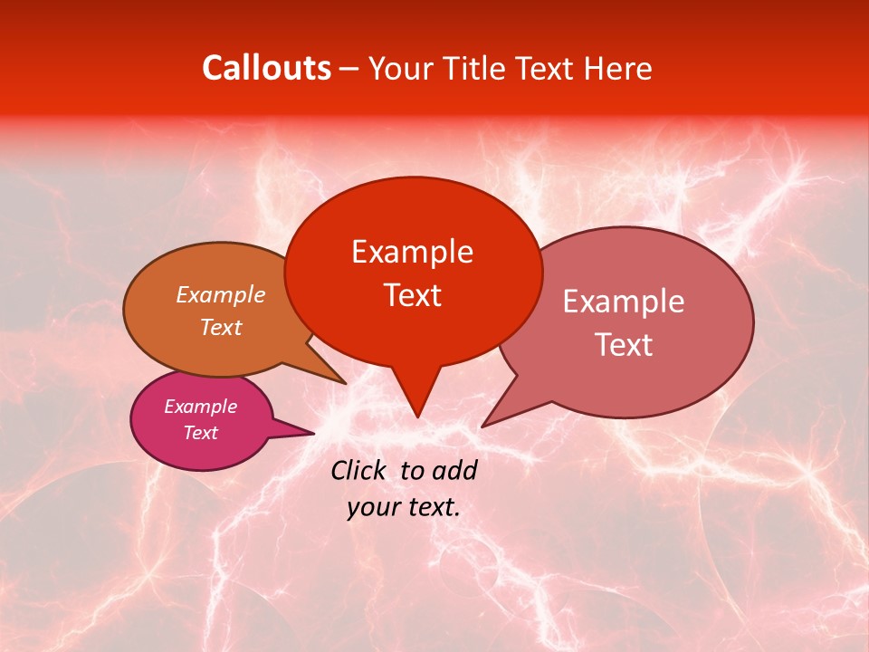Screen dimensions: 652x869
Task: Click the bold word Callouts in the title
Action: click(x=266, y=68)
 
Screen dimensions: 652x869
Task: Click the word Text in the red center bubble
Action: click(x=412, y=295)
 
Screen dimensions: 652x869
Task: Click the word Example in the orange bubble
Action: click(x=221, y=294)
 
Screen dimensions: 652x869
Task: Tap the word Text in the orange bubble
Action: click(x=221, y=327)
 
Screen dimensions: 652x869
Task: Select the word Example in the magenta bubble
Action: click(x=200, y=407)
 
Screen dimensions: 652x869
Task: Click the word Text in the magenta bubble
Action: click(x=200, y=433)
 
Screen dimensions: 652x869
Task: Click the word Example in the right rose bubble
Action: click(x=624, y=302)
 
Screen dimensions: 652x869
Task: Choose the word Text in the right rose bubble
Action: click(x=624, y=344)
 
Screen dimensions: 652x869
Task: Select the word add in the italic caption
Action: click(x=455, y=470)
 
